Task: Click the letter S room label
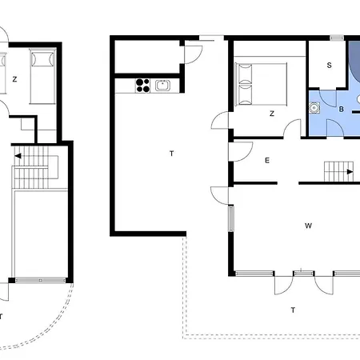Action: coord(330,65)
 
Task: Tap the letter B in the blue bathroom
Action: coord(341,109)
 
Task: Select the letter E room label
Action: coord(267,160)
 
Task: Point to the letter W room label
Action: coord(308,226)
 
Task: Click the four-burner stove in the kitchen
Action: coord(142,86)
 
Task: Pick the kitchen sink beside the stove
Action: coord(162,86)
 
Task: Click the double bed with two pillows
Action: coord(261,84)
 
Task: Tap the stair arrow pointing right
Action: coord(350,172)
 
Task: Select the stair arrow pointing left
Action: coord(18,156)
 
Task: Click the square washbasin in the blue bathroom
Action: coord(314,108)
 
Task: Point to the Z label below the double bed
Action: coord(272,114)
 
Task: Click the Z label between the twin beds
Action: coord(14,79)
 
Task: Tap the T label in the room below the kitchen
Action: coord(172,154)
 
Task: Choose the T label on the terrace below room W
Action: coord(293,310)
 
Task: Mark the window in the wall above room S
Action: coord(337,38)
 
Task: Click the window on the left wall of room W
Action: coord(231,218)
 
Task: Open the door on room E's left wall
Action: coord(240,151)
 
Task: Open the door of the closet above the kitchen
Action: coord(194,54)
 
